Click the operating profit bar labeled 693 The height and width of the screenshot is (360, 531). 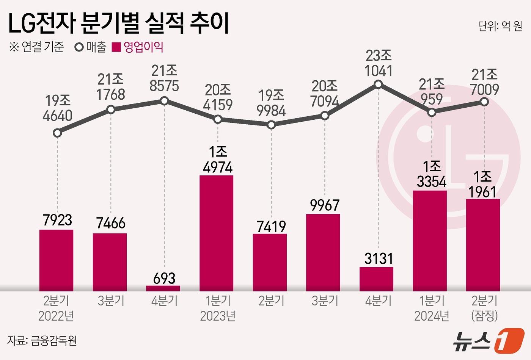[163, 288]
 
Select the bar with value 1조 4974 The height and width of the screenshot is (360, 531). [216, 233]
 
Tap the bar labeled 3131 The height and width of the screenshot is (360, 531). [376, 279]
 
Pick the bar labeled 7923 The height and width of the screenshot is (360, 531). [56, 260]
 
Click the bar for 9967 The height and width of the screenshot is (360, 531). [323, 252]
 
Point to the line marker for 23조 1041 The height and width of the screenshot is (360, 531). [378, 85]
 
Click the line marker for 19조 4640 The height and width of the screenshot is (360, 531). [57, 133]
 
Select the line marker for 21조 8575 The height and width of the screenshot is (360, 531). [164, 101]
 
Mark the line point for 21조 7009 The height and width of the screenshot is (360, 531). [484, 102]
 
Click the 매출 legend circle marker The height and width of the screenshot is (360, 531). [80, 47]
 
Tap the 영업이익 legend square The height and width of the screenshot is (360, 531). [116, 47]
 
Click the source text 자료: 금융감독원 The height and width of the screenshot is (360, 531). [42, 340]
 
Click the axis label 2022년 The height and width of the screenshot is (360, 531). [56, 316]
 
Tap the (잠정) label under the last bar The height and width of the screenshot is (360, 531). [484, 316]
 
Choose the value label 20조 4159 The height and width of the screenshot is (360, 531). [218, 97]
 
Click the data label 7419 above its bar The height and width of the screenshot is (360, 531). [271, 227]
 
